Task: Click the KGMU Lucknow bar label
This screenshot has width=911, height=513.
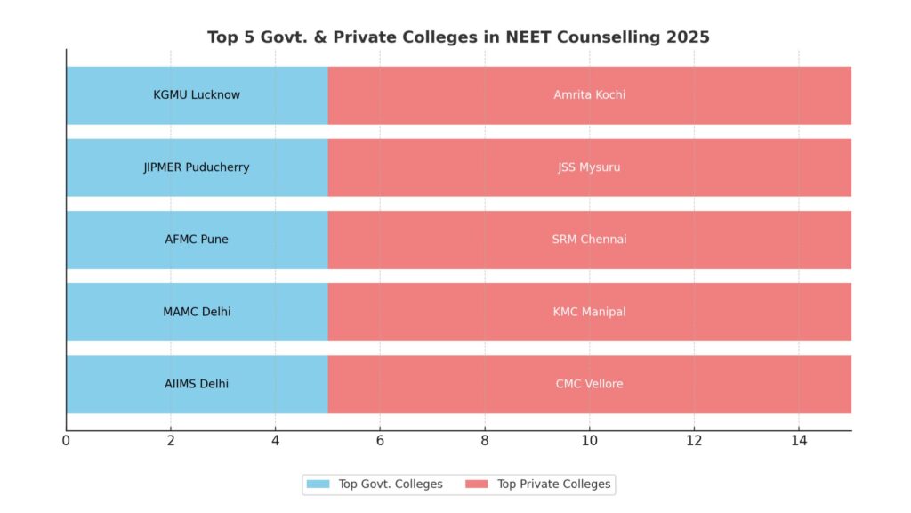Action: (x=197, y=95)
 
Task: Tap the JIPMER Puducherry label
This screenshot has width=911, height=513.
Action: (x=197, y=167)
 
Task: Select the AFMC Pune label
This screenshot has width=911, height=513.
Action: (x=197, y=240)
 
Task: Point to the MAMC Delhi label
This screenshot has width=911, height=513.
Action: (x=197, y=312)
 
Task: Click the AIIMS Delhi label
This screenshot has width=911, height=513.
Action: (x=197, y=384)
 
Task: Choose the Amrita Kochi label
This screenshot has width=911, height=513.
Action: (x=589, y=95)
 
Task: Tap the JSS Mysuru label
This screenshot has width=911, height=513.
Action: (x=589, y=167)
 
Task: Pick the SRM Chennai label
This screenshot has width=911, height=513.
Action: (x=589, y=240)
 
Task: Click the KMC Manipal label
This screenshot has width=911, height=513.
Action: (x=589, y=312)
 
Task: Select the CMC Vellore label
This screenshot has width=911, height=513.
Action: (x=589, y=384)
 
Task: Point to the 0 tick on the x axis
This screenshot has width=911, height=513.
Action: (x=66, y=439)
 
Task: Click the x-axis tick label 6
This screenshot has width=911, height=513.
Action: (x=380, y=439)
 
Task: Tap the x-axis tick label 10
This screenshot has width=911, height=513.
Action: (x=589, y=439)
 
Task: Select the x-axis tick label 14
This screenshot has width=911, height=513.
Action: (x=798, y=439)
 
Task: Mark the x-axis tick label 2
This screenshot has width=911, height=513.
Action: (x=171, y=439)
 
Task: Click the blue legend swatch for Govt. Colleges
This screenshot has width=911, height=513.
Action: (x=318, y=484)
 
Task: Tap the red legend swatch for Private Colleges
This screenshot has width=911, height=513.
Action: (x=477, y=484)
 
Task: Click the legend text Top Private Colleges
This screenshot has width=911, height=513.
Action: (x=553, y=484)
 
